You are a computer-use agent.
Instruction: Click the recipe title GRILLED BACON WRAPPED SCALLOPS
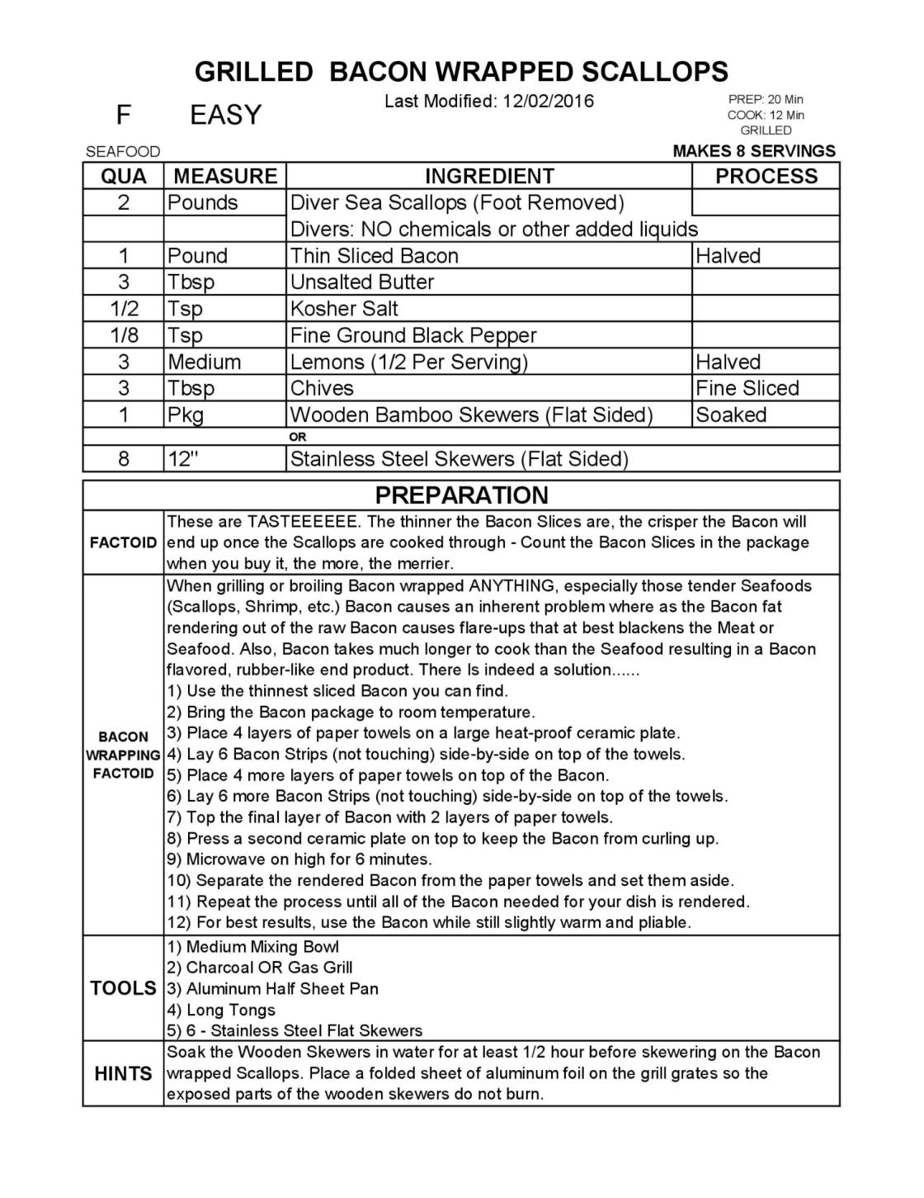[x=461, y=72]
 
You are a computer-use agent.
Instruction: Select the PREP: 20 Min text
[x=765, y=100]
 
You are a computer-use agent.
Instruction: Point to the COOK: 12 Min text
[x=766, y=116]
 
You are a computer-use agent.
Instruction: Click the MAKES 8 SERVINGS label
[x=754, y=151]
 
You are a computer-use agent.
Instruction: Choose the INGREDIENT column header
[x=489, y=176]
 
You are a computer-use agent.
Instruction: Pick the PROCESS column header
[x=766, y=176]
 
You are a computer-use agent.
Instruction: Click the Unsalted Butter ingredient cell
[x=362, y=282]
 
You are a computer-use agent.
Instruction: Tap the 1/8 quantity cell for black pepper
[x=123, y=335]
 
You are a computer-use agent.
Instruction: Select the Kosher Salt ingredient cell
[x=344, y=309]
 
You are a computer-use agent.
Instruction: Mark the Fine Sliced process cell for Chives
[x=747, y=388]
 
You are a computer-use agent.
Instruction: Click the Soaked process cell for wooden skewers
[x=731, y=414]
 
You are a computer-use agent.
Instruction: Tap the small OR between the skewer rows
[x=298, y=437]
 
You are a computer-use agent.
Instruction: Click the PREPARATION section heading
[x=461, y=495]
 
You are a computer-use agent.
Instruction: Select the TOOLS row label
[x=123, y=988]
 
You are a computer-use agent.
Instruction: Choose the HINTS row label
[x=123, y=1073]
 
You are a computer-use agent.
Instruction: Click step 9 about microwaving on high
[x=299, y=859]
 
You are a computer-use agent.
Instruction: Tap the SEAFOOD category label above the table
[x=123, y=152]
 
